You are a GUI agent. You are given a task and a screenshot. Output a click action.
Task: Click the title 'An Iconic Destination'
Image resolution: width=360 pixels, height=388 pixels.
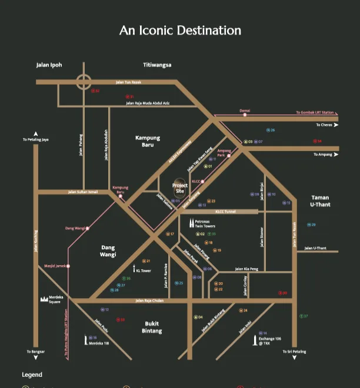(180, 31)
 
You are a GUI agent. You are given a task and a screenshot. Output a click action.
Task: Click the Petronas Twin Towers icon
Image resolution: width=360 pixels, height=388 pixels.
(191, 223)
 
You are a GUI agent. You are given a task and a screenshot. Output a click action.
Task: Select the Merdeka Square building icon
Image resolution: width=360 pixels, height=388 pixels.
(44, 299)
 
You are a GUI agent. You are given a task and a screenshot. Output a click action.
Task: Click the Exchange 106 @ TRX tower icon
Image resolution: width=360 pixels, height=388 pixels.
(255, 340)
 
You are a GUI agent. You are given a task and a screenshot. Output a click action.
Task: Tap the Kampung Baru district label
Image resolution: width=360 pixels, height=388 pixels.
(148, 141)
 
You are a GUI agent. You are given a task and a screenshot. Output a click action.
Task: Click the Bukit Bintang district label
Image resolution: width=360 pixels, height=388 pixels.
(152, 327)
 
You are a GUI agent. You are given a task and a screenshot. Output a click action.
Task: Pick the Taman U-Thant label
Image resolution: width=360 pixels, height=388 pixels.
(320, 201)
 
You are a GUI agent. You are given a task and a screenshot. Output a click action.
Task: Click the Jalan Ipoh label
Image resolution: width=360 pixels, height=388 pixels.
(49, 65)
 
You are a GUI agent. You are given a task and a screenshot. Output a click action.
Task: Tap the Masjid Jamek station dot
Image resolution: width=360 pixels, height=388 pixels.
(69, 266)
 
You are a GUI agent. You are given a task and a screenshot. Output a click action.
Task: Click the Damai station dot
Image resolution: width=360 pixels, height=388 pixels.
(245, 115)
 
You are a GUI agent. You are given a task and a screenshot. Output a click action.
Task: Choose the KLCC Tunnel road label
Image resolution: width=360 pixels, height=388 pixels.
(225, 212)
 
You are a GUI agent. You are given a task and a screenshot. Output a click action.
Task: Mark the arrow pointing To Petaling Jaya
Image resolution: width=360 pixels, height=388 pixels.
(36, 134)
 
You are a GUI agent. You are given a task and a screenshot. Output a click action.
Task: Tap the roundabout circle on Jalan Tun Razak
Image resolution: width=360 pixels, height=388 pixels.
(84, 82)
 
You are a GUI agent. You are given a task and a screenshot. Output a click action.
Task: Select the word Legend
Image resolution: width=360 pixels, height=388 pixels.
(32, 374)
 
